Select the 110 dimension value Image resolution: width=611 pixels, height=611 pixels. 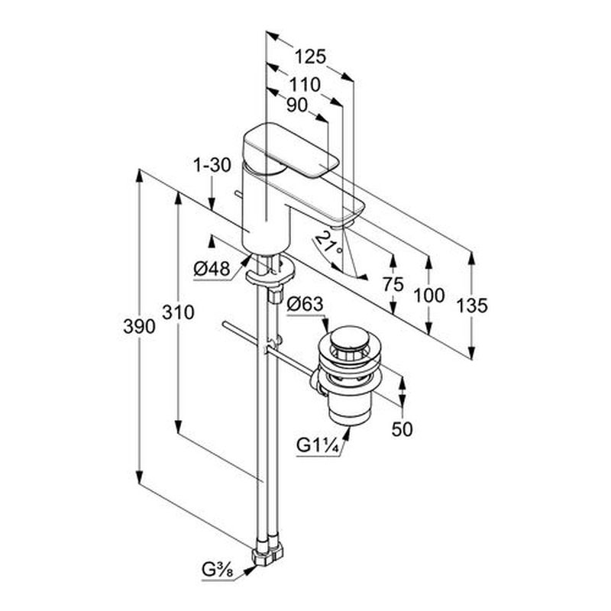(304, 85)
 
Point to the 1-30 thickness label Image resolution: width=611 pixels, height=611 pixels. (212, 164)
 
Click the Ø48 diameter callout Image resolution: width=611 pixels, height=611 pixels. (212, 269)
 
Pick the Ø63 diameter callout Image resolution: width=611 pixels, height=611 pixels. (305, 305)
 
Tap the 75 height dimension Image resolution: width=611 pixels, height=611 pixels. (393, 284)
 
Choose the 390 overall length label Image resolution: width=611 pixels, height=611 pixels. (140, 326)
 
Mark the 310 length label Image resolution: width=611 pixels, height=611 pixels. (178, 312)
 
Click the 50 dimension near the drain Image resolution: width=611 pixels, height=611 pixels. (402, 429)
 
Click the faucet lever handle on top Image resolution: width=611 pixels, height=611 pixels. (290, 149)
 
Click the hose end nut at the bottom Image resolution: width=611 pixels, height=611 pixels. (266, 553)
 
